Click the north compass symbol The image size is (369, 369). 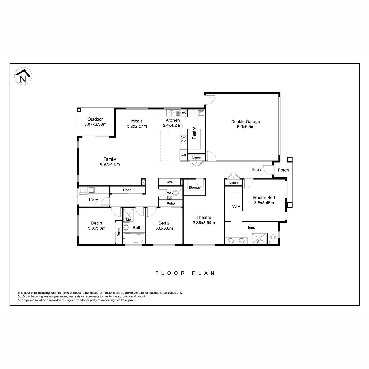coord(23,76)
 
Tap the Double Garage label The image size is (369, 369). coord(245,121)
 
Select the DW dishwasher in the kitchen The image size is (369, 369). coord(184,113)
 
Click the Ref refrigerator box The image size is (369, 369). coord(183,155)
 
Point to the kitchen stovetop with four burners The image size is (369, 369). coord(184,139)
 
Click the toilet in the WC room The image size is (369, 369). coord(177,192)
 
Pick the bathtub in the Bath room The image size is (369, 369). coord(134,238)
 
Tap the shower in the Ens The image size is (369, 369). coord(259,238)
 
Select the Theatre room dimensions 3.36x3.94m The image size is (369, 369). coord(204,223)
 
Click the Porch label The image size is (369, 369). coord(283,170)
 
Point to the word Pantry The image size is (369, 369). coord(194,133)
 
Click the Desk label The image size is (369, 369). coord(169,182)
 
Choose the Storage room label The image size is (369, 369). coord(195,188)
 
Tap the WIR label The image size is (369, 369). coord(236,206)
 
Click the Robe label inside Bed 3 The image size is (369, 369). coord(119,232)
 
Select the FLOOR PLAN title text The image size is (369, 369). coord(185,273)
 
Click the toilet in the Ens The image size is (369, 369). coord(273,238)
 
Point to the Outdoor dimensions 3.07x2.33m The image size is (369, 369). coord(95,124)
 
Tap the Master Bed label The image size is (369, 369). coord(264,198)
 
